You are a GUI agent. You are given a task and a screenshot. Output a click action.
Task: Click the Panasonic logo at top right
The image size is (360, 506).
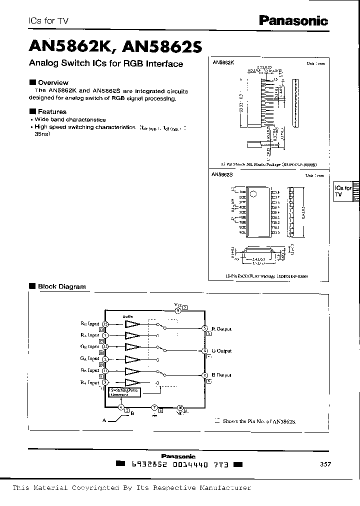pos(293,20)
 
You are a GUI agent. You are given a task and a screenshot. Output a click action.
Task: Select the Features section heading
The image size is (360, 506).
pos(52,111)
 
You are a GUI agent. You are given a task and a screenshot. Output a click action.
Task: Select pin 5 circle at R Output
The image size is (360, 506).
pos(205,328)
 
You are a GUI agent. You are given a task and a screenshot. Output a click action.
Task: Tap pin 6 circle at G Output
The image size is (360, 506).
pos(205,351)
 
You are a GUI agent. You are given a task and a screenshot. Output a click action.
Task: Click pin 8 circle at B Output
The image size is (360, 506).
pos(205,375)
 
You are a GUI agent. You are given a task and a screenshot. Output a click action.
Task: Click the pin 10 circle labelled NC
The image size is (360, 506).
pos(180,407)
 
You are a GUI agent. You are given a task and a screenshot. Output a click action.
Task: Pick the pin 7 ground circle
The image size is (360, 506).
pos(154,407)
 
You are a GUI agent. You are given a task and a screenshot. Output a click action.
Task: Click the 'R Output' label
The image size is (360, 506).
pos(221,329)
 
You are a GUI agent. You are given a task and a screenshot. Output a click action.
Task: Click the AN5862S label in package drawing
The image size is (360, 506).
pos(223,175)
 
